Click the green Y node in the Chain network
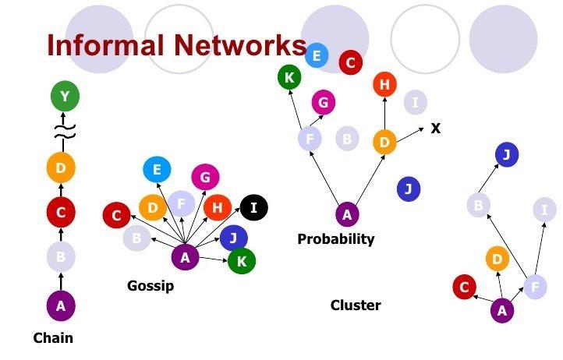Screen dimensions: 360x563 click(x=65, y=97)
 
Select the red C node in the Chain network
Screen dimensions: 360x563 click(x=60, y=210)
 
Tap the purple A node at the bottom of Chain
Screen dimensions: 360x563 click(x=61, y=305)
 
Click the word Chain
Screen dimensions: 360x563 click(x=53, y=337)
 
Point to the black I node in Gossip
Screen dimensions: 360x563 click(x=254, y=207)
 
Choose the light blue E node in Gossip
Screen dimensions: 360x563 click(x=157, y=170)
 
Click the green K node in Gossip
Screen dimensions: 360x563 click(x=242, y=261)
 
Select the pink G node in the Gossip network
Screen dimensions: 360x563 click(x=205, y=177)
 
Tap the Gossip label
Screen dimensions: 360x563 click(x=150, y=286)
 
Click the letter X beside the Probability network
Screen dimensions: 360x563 click(x=436, y=128)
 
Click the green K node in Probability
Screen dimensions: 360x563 click(x=289, y=76)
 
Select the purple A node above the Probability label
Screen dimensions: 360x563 click(x=347, y=214)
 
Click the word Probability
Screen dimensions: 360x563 click(x=336, y=239)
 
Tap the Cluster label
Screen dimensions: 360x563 click(x=356, y=305)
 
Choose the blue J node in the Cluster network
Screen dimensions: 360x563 click(x=506, y=155)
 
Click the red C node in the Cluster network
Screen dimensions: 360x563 click(x=465, y=287)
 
